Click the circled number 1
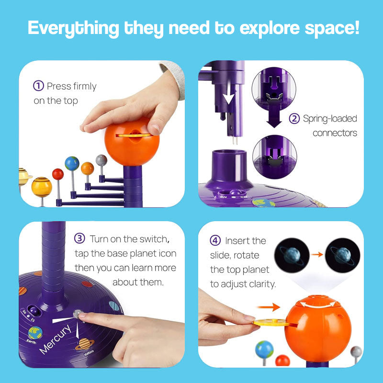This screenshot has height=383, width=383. (39, 86)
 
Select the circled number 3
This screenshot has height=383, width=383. (80, 238)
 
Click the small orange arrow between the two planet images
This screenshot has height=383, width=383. (315, 254)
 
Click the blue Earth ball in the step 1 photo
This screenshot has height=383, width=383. (72, 163)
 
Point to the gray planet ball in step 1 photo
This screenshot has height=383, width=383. (101, 160)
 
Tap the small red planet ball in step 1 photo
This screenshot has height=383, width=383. (58, 174)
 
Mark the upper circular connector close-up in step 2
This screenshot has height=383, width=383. (274, 86)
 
